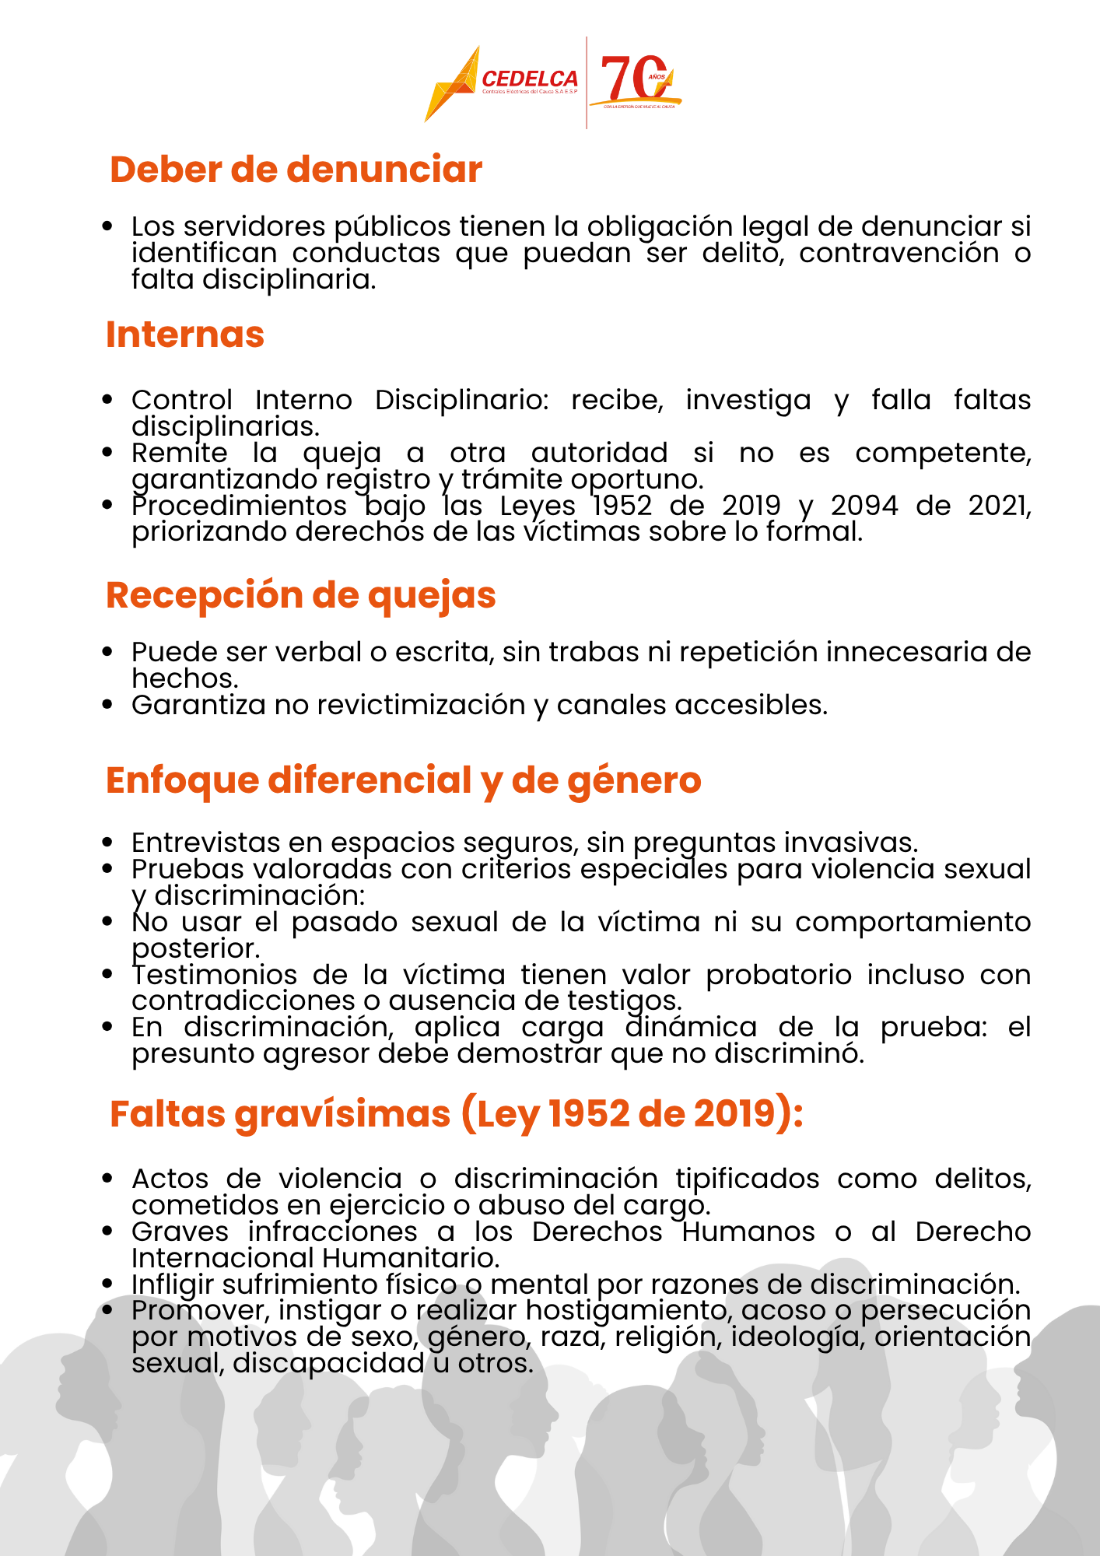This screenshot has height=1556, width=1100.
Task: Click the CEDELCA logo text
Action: pyautogui.click(x=530, y=79)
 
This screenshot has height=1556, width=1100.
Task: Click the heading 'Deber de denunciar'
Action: pyautogui.click(x=296, y=170)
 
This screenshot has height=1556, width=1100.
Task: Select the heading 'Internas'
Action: pyautogui.click(x=185, y=335)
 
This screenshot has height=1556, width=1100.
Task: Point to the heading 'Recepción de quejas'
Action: pyautogui.click(x=300, y=595)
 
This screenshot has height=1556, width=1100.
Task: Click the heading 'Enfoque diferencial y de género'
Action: pyautogui.click(x=403, y=780)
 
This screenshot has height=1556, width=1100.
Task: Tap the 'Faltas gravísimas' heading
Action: pyautogui.click(x=456, y=1113)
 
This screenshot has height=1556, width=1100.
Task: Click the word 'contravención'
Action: pyautogui.click(x=899, y=253)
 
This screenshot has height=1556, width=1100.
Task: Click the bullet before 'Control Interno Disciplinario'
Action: pyautogui.click(x=108, y=400)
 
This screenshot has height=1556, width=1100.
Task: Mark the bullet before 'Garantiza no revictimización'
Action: pyautogui.click(x=108, y=705)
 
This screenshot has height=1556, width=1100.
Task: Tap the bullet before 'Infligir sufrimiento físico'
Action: pyautogui.click(x=108, y=1284)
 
